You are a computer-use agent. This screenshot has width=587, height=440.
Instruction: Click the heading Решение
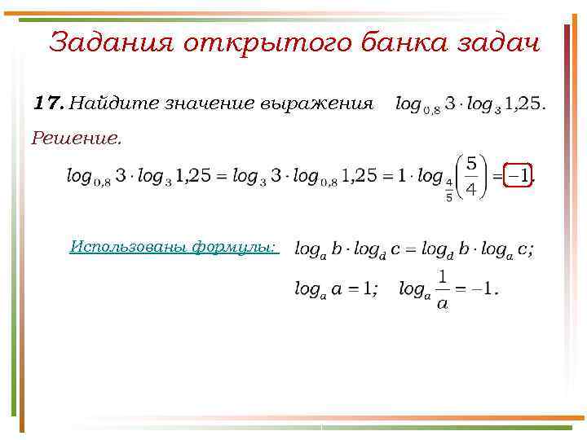tap(76, 139)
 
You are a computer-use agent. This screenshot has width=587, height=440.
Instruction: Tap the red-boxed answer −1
tap(519, 175)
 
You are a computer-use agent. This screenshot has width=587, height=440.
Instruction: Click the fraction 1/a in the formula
tap(442, 289)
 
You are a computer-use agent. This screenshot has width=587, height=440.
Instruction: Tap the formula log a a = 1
tap(335, 289)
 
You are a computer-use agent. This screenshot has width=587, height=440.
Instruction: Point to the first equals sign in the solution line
tap(221, 176)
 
